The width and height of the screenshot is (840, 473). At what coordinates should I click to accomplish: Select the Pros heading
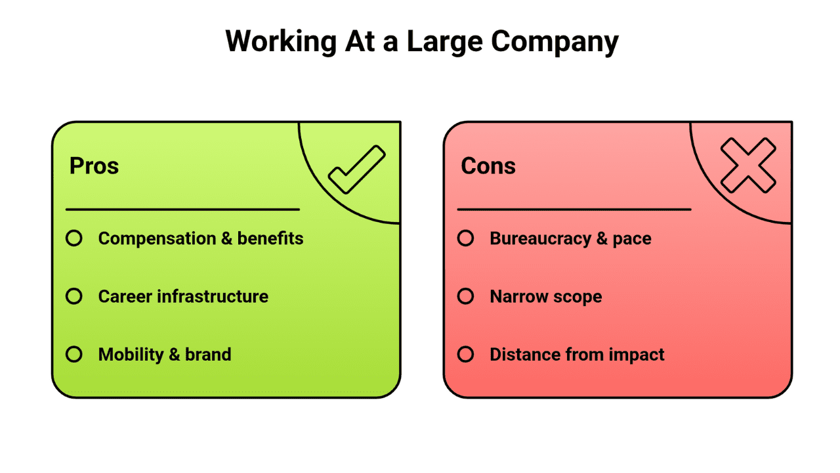click(94, 166)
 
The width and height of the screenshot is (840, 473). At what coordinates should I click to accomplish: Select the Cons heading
click(488, 166)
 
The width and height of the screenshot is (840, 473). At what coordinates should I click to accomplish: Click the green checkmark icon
click(356, 170)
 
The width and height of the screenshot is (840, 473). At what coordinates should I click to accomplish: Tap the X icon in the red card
click(748, 166)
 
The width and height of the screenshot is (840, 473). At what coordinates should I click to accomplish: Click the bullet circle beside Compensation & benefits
click(74, 238)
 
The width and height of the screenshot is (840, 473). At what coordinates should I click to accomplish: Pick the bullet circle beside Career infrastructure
click(74, 296)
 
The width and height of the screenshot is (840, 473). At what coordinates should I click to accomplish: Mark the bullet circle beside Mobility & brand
click(74, 355)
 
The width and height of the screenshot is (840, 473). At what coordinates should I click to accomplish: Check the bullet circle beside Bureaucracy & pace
click(465, 238)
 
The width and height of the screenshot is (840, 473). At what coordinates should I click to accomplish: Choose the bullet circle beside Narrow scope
click(465, 296)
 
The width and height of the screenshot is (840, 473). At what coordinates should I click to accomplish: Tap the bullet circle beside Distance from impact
click(465, 355)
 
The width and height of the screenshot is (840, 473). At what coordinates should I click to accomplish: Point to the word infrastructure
click(215, 296)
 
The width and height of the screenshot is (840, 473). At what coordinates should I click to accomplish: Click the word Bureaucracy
click(540, 238)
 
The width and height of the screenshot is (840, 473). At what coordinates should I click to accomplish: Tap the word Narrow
click(516, 296)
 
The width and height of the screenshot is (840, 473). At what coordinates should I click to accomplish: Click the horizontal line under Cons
click(574, 210)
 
